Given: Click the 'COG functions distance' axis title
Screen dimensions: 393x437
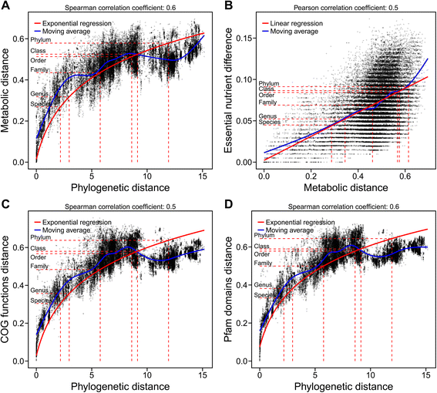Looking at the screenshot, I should coord(8,293).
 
